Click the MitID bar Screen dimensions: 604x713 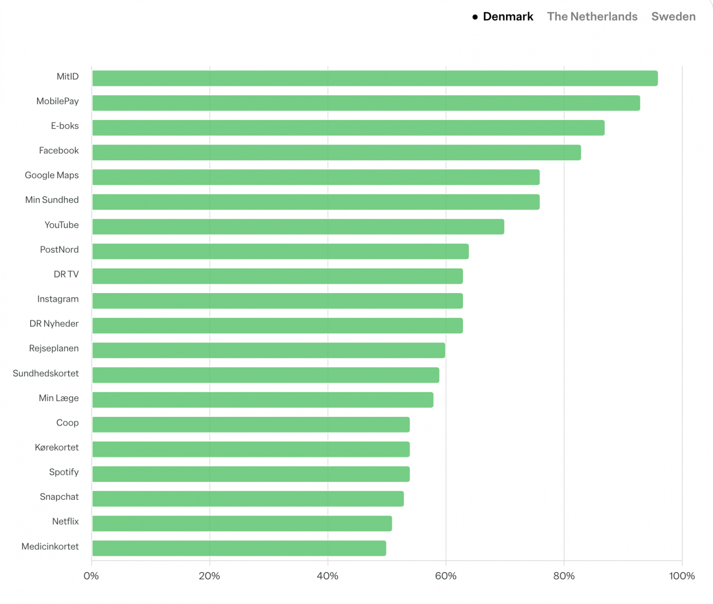click(375, 78)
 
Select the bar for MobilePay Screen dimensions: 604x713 click(366, 103)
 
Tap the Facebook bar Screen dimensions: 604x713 click(336, 152)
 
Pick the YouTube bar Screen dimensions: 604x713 click(298, 226)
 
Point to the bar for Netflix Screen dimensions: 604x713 click(242, 523)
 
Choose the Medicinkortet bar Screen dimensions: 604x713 click(239, 548)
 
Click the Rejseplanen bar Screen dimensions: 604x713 click(268, 350)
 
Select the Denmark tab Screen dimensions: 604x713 click(508, 17)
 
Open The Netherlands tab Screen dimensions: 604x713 click(592, 17)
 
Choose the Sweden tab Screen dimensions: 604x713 click(673, 17)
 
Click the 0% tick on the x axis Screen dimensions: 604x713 click(91, 576)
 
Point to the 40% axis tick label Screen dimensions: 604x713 click(328, 576)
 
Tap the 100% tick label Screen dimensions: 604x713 click(681, 576)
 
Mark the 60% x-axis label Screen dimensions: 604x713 click(446, 576)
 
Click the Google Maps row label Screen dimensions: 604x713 click(52, 175)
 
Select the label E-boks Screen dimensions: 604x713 click(64, 126)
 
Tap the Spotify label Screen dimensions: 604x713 click(64, 472)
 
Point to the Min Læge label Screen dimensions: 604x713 click(59, 398)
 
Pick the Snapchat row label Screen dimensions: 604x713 click(59, 497)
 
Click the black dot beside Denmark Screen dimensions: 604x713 click(475, 17)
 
